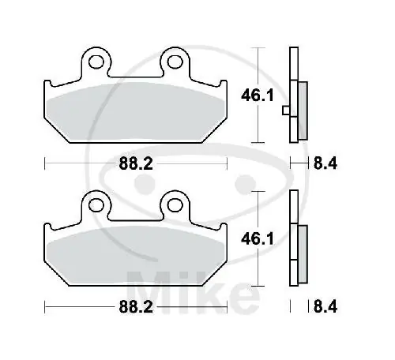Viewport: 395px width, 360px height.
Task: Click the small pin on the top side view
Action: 284,111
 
